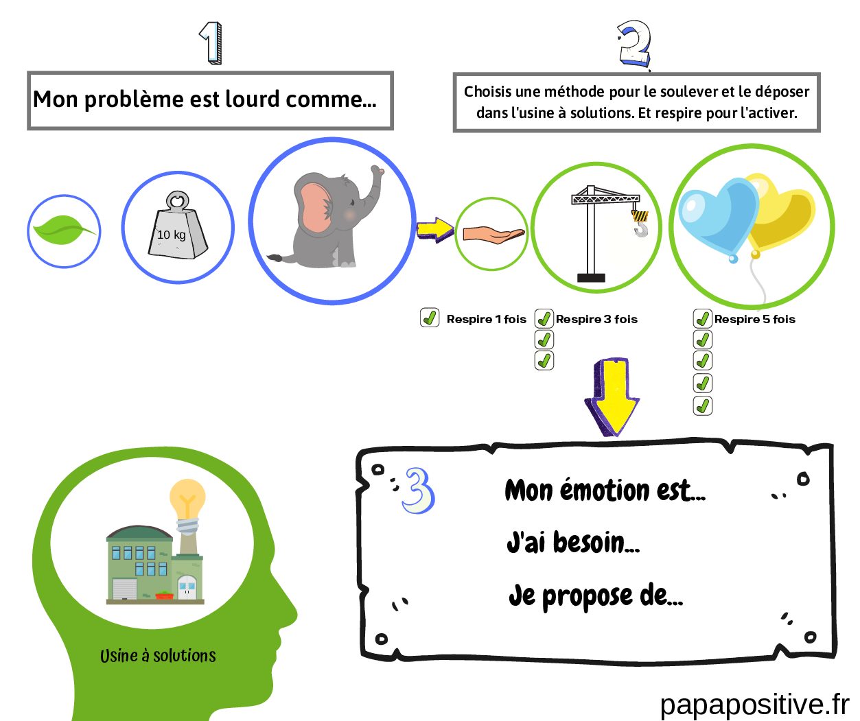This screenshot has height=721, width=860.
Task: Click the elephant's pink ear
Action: click(314, 205)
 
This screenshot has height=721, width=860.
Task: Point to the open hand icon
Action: click(492, 235)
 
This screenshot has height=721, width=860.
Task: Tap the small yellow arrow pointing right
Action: click(435, 230)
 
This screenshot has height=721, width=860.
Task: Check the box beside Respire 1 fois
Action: click(430, 318)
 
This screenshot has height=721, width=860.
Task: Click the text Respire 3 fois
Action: click(596, 319)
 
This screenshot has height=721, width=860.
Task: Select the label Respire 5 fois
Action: click(754, 319)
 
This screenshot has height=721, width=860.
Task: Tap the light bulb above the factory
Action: click(187, 500)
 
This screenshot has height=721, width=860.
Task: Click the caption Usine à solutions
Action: click(158, 656)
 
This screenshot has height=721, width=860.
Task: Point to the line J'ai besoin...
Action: click(573, 543)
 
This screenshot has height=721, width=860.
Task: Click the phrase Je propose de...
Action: click(595, 595)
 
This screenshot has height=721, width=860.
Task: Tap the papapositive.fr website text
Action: click(754, 705)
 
